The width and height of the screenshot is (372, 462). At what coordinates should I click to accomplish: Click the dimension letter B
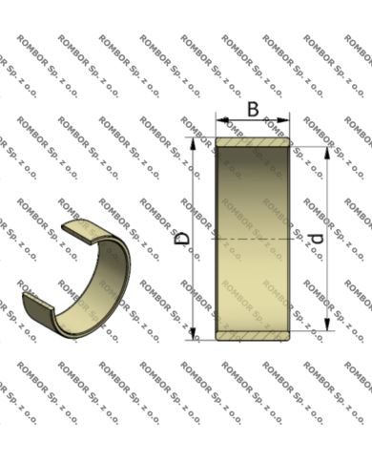click(x=253, y=110)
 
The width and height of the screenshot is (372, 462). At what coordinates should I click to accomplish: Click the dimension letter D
click(x=183, y=239)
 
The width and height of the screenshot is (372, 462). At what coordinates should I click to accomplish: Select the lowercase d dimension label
click(x=317, y=239)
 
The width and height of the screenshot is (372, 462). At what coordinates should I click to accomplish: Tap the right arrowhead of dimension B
click(x=283, y=120)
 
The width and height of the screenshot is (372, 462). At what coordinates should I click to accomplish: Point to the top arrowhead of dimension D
click(x=193, y=144)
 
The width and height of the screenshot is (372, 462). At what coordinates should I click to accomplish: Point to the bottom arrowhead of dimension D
click(x=193, y=333)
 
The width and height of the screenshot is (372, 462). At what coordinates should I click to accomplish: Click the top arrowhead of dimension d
click(x=327, y=153)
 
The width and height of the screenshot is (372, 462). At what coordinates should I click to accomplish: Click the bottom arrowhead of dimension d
click(x=327, y=325)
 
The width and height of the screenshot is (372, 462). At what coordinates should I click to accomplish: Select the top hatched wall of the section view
click(x=253, y=142)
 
